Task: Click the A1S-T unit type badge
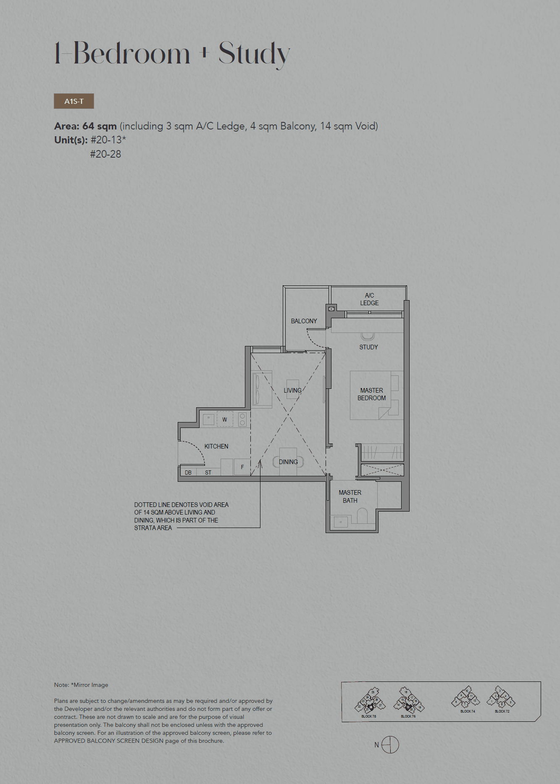[74, 101]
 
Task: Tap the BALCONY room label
[304, 321]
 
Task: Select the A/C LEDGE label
[369, 299]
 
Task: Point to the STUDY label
[368, 347]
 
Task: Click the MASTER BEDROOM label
[371, 394]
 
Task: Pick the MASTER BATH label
[350, 496]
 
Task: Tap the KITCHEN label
[216, 446]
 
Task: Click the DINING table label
[288, 462]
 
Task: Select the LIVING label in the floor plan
[292, 391]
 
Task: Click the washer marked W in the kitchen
[225, 420]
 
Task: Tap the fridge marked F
[242, 467]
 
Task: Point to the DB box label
[188, 473]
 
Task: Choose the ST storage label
[208, 473]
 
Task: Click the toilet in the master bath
[362, 515]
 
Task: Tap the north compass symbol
[390, 745]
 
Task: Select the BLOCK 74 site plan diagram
[467, 699]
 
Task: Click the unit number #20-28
[105, 154]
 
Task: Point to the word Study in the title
[254, 54]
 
